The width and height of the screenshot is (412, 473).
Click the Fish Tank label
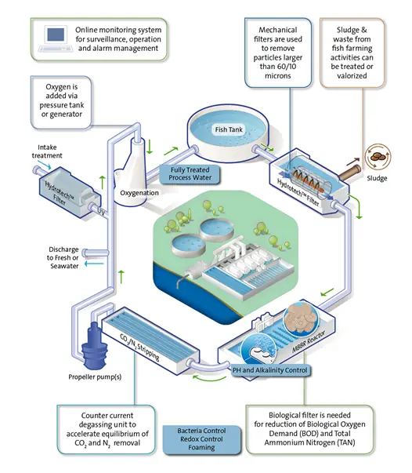pyautogui.click(x=229, y=129)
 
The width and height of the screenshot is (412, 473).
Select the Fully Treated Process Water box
pyautogui.click(x=190, y=174)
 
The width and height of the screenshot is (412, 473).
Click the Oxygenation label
pyautogui.click(x=139, y=193)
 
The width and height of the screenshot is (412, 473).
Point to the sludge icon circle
pyautogui.click(x=378, y=157)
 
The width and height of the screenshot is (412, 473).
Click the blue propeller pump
pyautogui.click(x=95, y=346)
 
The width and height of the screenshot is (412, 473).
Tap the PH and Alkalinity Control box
pyautogui.click(x=270, y=370)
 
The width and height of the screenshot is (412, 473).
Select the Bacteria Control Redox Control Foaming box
pyautogui.click(x=201, y=439)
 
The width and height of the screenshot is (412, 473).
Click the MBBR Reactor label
pyautogui.click(x=309, y=341)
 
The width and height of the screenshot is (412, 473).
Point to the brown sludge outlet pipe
pyautogui.click(x=349, y=173)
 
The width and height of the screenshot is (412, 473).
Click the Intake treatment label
pyautogui.click(x=47, y=151)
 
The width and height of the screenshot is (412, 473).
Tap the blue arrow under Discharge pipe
pyautogui.click(x=94, y=264)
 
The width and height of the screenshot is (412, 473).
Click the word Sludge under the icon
pyautogui.click(x=377, y=178)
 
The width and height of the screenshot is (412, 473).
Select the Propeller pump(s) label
pyautogui.click(x=95, y=377)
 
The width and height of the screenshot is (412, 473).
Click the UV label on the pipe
pyautogui.click(x=102, y=212)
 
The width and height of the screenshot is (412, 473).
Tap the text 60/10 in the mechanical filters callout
pyautogui.click(x=287, y=67)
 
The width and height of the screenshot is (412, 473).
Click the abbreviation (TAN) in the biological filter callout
pyautogui.click(x=345, y=442)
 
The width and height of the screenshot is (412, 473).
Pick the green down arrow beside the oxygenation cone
pyautogui.click(x=150, y=147)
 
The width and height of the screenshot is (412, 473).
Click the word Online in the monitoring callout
pyautogui.click(x=86, y=30)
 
